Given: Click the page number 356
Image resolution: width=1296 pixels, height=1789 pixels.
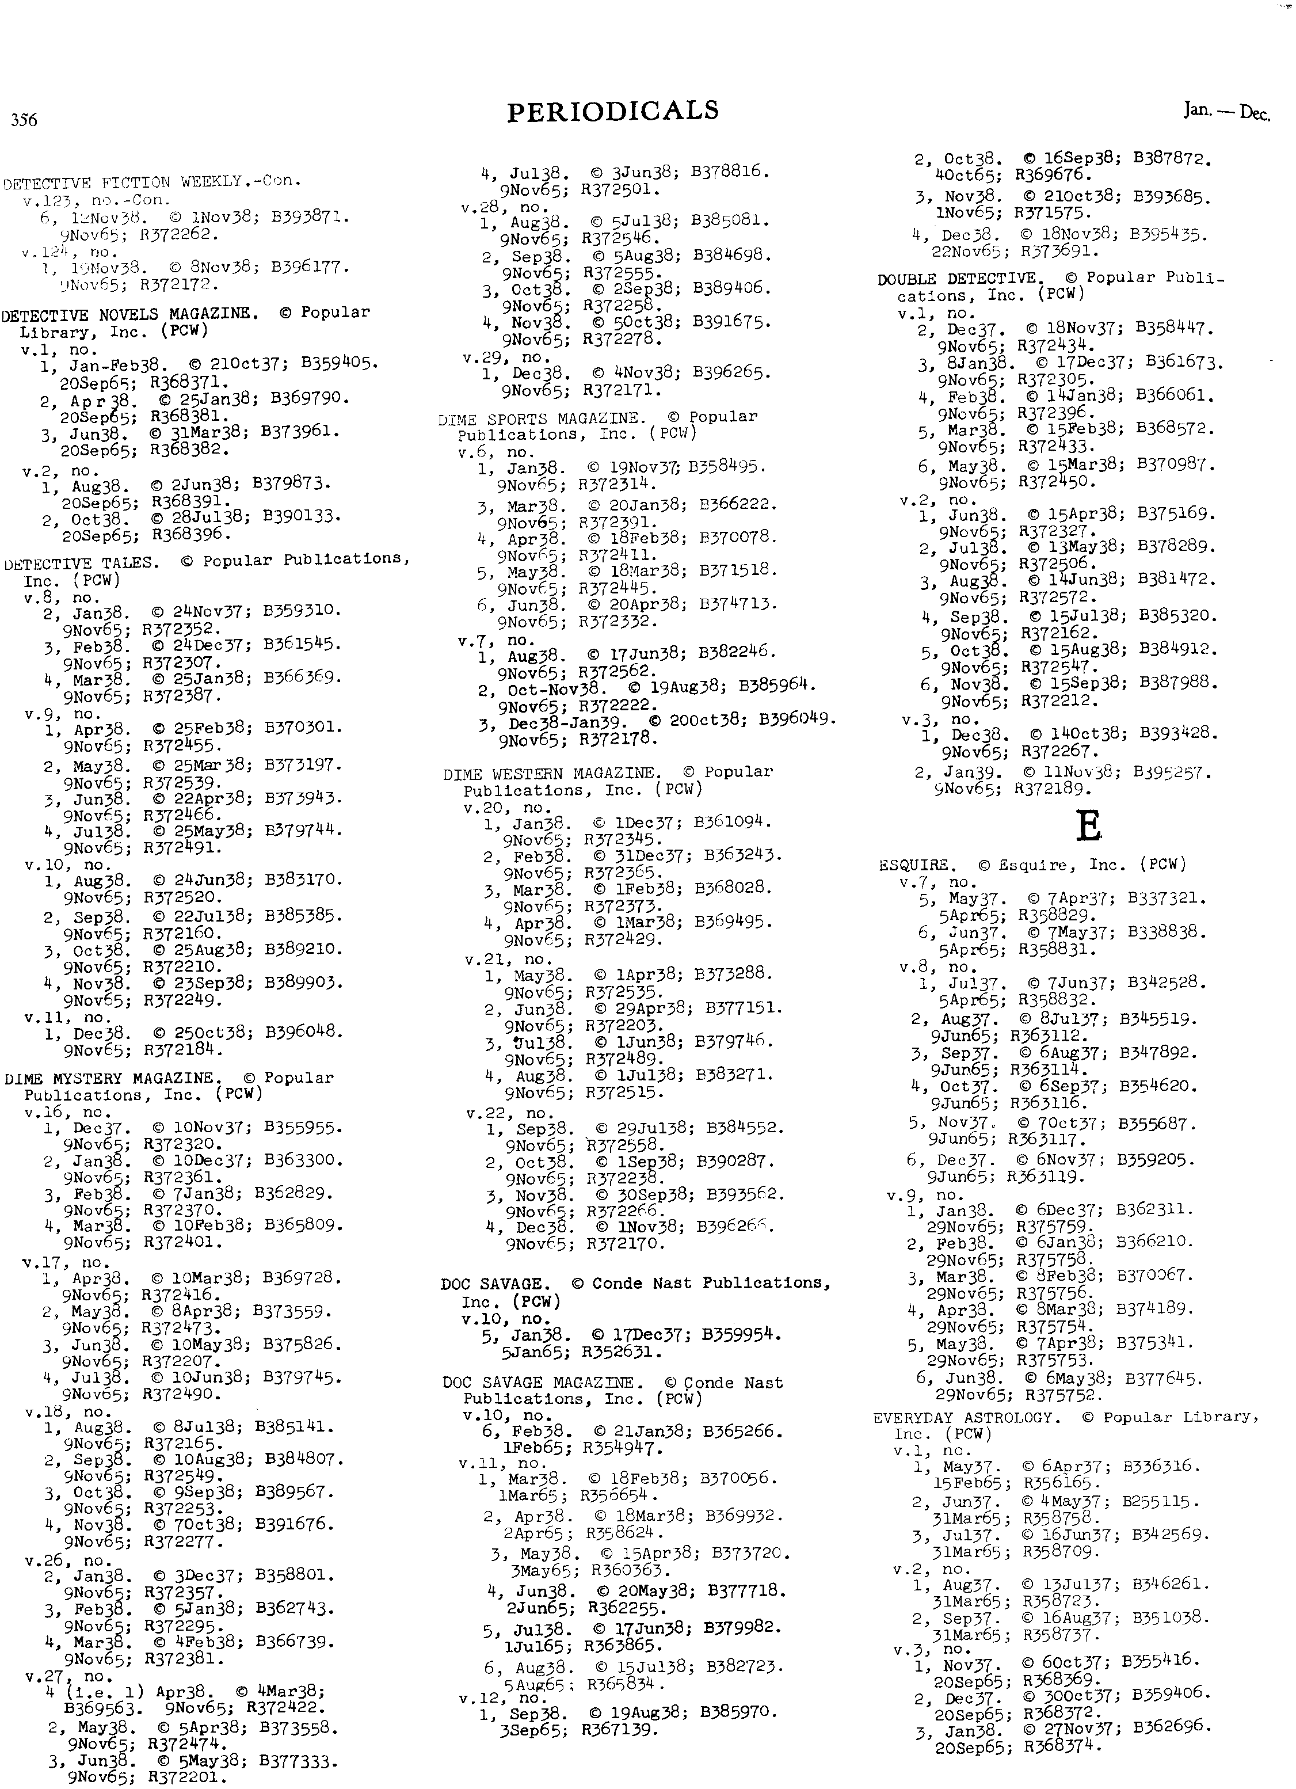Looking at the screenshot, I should (x=24, y=120).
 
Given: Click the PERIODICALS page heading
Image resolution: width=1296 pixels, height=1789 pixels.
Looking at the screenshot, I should (x=613, y=111).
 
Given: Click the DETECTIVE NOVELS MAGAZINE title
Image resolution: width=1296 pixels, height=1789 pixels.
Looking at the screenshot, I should (x=129, y=314).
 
